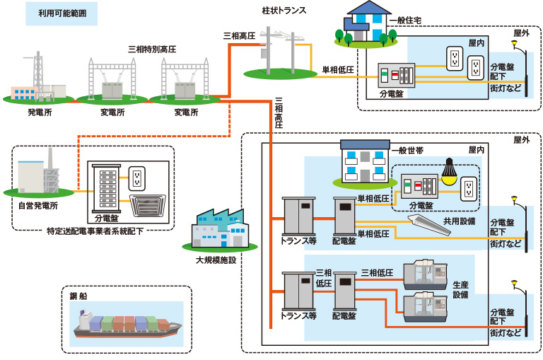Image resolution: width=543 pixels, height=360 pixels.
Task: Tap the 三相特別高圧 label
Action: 151,50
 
